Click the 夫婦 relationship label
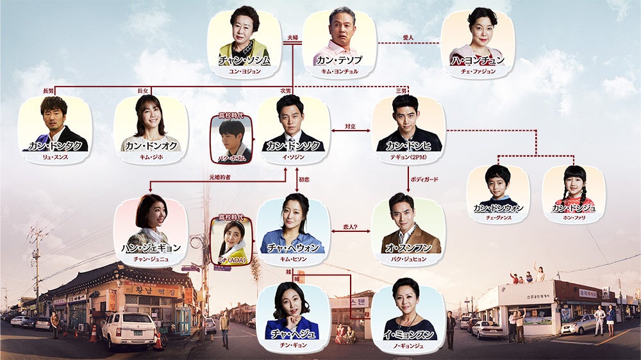292,38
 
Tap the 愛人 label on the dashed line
408,38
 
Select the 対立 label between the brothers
351,127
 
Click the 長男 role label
48,91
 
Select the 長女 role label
143,91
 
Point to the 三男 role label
401,91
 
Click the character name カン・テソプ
339,60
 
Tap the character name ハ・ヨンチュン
478,60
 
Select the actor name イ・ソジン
294,157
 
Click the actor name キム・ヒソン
294,259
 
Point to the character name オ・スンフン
408,248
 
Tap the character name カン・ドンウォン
498,208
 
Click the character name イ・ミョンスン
408,334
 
